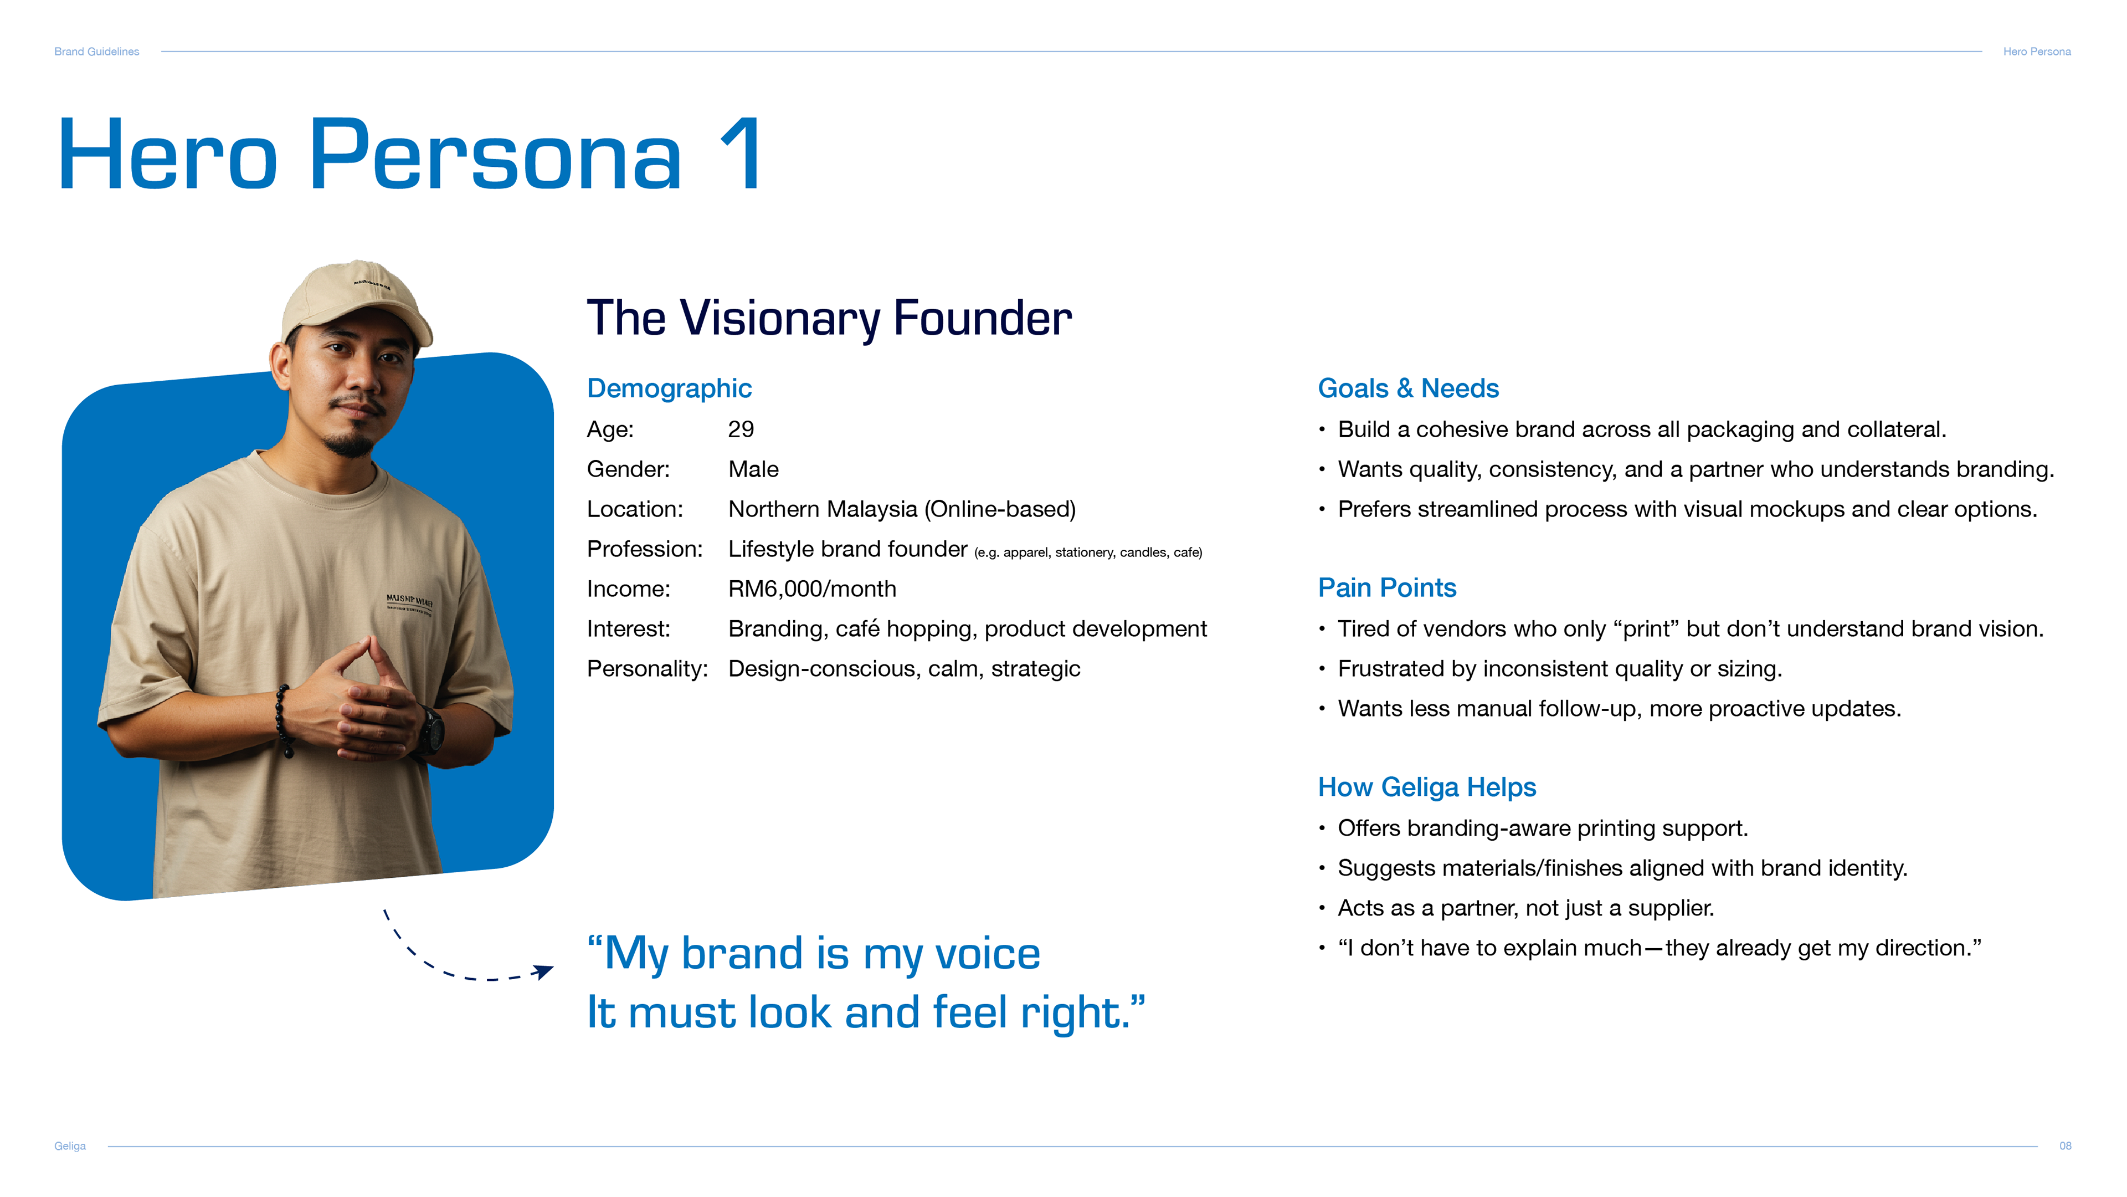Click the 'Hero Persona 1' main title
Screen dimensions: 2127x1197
410,155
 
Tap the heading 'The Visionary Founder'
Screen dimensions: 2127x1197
829,318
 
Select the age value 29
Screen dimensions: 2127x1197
741,429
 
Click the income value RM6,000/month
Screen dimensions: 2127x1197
811,589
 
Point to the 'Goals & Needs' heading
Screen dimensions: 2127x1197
1408,388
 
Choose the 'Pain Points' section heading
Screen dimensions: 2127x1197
1387,587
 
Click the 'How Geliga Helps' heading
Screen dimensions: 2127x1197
1427,787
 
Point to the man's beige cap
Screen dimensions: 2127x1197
357,301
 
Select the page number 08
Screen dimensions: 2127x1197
2065,1146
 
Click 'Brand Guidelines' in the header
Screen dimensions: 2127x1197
96,51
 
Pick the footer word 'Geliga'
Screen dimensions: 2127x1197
70,1146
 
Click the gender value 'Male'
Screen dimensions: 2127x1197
753,469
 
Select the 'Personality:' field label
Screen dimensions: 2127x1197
648,669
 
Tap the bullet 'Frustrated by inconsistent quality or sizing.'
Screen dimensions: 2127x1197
1560,669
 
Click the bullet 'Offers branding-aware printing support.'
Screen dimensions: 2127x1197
1543,828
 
